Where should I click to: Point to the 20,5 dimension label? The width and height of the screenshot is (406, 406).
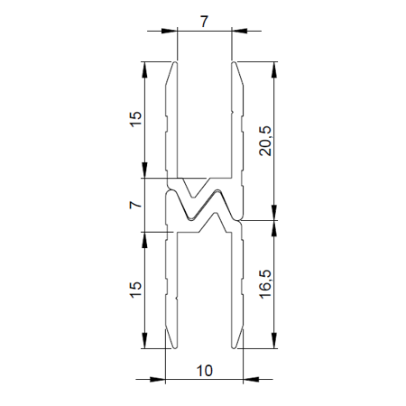coord(265,140)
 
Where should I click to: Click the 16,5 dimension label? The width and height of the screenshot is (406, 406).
coord(265,283)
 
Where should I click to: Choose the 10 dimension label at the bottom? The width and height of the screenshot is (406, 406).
coord(204,370)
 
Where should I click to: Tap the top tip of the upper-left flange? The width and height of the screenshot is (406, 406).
coord(173,63)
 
